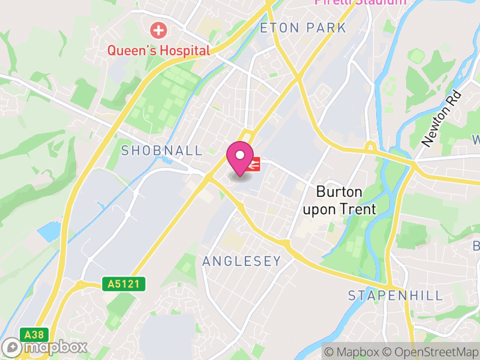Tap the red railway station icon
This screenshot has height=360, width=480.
point(254,163)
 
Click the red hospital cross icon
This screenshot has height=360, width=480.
point(159,29)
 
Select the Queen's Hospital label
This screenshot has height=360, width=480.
point(159,50)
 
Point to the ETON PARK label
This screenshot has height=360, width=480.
point(303,28)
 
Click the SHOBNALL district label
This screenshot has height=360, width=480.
point(162,151)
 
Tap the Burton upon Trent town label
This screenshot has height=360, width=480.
point(340,200)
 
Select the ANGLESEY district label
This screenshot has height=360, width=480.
point(242,261)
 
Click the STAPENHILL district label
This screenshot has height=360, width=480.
point(396,295)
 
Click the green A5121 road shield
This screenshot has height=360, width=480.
point(124,283)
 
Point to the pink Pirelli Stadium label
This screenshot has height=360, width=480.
point(360,2)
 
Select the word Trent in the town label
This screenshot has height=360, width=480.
point(359,209)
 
